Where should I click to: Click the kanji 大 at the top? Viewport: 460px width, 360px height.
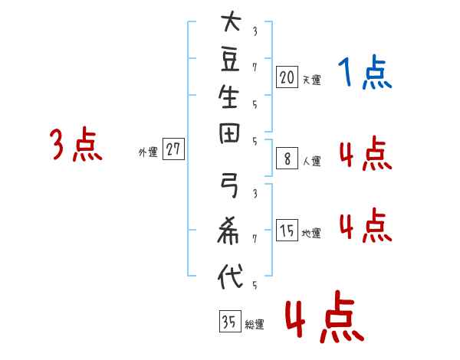[x=231, y=21]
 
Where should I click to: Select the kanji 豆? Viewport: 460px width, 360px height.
[x=230, y=60]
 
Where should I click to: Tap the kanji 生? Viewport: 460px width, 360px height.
[x=228, y=97]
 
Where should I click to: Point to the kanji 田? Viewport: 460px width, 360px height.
[x=229, y=133]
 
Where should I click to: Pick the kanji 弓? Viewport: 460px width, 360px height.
[x=229, y=185]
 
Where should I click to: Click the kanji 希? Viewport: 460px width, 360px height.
[x=228, y=231]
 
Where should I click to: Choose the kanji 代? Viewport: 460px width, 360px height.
[x=230, y=276]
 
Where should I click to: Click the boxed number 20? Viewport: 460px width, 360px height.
[x=287, y=77]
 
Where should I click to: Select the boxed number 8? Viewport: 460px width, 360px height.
[x=287, y=159]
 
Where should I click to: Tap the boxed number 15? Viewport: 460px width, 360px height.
[x=287, y=230]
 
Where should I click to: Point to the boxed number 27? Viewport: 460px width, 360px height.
[x=173, y=149]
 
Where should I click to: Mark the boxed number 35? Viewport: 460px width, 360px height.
[x=230, y=321]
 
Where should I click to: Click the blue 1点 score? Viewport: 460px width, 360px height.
[x=365, y=72]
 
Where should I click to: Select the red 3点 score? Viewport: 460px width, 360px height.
[x=76, y=144]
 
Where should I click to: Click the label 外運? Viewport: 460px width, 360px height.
[x=148, y=152]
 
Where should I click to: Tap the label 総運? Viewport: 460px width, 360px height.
[x=255, y=325]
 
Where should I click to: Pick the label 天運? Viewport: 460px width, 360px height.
[x=312, y=80]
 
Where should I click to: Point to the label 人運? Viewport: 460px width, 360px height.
[x=312, y=162]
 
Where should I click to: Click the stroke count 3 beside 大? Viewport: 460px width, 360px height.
[x=255, y=31]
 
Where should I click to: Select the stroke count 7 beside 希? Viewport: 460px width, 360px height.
[x=255, y=239]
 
